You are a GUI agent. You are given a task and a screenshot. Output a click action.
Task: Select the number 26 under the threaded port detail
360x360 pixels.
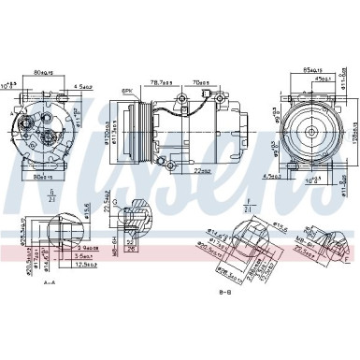coord(132,249)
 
